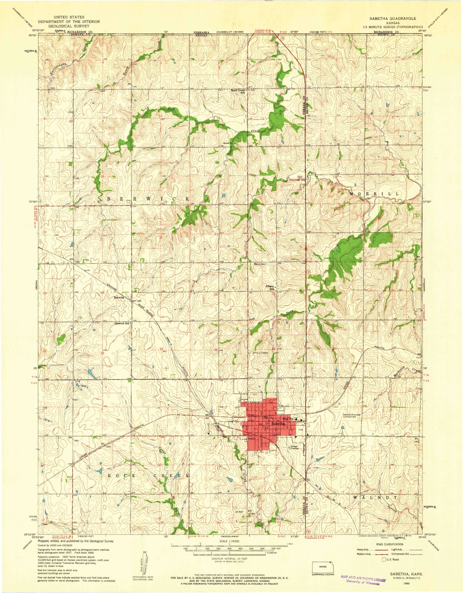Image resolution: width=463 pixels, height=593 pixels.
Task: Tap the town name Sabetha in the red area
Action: tap(278, 424)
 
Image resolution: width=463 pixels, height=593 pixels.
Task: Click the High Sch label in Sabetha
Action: tap(288, 419)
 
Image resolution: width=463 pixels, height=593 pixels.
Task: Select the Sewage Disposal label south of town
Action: tap(294, 448)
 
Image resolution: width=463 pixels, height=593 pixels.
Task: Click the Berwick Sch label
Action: tap(122, 323)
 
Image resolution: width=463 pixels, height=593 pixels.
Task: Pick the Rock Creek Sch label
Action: tap(238, 91)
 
